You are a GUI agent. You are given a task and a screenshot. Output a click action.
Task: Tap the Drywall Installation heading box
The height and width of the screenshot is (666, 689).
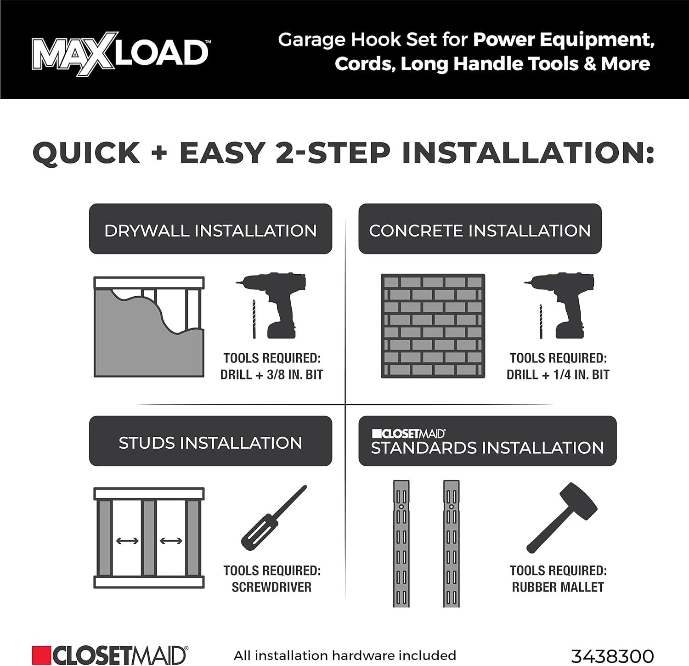[210, 229]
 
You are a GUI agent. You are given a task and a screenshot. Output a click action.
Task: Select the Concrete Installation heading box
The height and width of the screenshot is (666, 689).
[480, 229]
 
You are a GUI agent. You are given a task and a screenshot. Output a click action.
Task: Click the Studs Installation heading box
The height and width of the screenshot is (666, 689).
[210, 441]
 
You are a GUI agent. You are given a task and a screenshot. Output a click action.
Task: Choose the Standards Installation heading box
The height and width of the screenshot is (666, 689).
[487, 441]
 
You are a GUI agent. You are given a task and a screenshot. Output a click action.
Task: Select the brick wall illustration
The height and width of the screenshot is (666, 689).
[433, 326]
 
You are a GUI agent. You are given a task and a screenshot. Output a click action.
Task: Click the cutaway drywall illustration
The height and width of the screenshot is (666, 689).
[149, 327]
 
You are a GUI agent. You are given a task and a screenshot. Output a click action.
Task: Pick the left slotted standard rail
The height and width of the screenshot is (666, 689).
[401, 544]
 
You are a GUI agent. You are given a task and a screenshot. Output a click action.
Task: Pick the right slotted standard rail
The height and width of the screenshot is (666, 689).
[452, 544]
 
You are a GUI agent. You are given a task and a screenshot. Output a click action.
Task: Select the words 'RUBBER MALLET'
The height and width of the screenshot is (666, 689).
[558, 587]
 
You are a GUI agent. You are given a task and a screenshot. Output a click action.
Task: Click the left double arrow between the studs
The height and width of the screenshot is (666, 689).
[127, 541]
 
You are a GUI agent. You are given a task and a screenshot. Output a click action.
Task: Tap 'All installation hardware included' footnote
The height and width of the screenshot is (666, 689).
[345, 655]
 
